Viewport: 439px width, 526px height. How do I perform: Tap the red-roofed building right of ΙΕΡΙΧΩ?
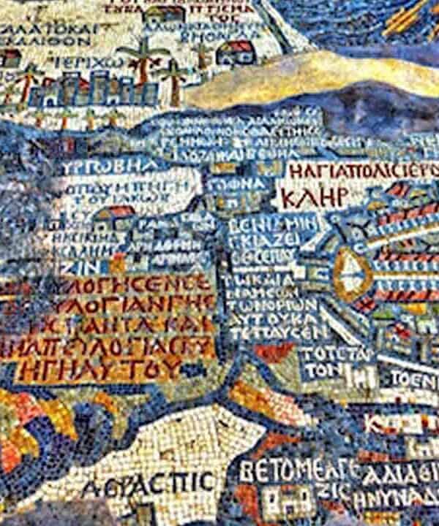[236, 51]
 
